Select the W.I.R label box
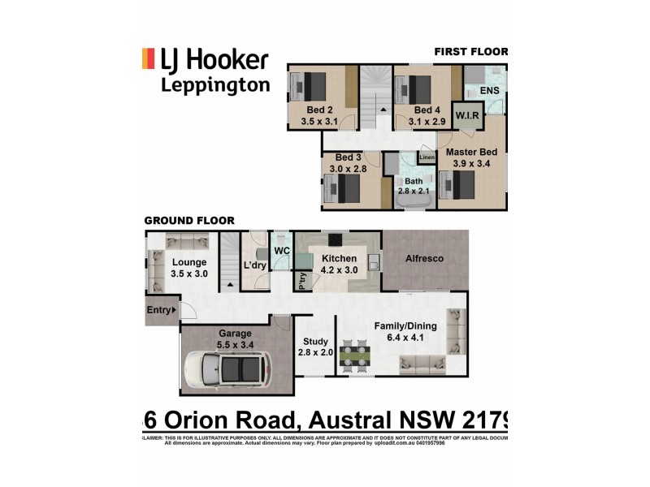pyautogui.click(x=466, y=114)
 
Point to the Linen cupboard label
pyautogui.click(x=427, y=157)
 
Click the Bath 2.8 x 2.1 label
pyautogui.click(x=414, y=186)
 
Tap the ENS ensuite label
pyautogui.click(x=489, y=91)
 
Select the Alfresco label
pyautogui.click(x=424, y=258)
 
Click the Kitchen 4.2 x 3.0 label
pyautogui.click(x=339, y=265)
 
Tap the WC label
pyautogui.click(x=282, y=250)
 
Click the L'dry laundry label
pyautogui.click(x=257, y=266)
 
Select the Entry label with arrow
pyautogui.click(x=161, y=310)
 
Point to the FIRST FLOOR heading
pyautogui.click(x=470, y=52)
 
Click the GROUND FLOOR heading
pyautogui.click(x=189, y=220)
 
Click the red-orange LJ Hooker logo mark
pyautogui.click(x=147, y=59)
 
